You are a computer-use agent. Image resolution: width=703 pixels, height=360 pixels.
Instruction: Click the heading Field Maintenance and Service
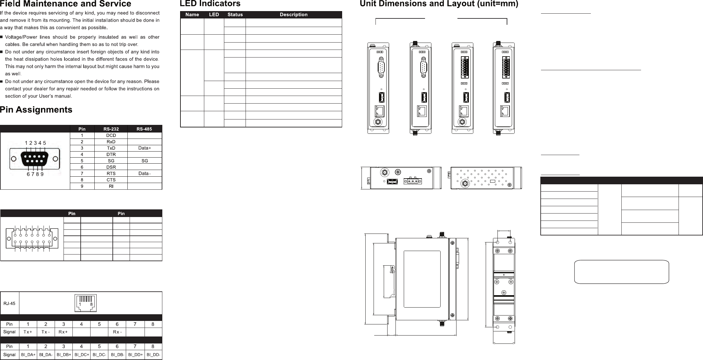click(65, 4)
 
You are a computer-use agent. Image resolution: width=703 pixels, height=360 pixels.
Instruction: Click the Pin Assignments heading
click(36, 110)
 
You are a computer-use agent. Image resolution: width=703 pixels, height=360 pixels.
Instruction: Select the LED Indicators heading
click(210, 4)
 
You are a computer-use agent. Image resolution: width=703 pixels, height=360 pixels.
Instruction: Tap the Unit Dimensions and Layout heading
click(439, 4)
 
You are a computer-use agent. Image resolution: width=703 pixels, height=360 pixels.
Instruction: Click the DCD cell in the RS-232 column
click(111, 135)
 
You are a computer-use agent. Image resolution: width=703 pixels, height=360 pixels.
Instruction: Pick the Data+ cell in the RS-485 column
click(145, 148)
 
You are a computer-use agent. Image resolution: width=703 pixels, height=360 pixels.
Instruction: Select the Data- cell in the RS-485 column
click(145, 173)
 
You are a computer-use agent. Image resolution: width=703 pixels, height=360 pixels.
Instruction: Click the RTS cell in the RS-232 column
click(111, 173)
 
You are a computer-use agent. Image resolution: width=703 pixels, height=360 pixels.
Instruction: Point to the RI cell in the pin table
click(111, 186)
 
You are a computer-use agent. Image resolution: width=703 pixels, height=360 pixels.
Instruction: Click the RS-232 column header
click(111, 129)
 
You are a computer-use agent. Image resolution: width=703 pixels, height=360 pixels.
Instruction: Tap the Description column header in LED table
click(294, 15)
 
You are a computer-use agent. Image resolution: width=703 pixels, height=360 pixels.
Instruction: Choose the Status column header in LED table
click(235, 15)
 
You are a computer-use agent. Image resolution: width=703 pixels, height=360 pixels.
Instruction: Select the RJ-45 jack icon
click(85, 303)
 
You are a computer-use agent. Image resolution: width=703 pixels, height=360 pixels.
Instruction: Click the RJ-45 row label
click(10, 303)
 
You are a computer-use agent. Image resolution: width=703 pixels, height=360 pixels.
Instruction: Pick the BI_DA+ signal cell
click(28, 355)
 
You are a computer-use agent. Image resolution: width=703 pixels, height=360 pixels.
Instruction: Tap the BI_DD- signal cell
click(153, 355)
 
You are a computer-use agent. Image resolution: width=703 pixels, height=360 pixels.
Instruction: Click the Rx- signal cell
click(117, 332)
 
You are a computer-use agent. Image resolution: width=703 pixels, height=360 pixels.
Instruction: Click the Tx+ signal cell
click(28, 332)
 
